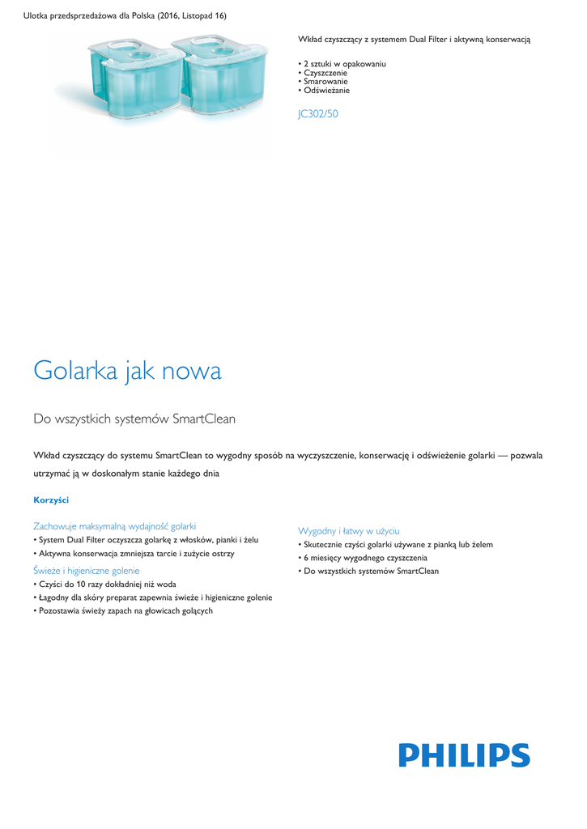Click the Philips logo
464,755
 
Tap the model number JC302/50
318,114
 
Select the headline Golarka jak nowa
127,372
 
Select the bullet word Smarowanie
326,82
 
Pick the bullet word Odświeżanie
327,91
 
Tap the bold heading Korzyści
51,500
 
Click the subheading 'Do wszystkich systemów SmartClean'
134,419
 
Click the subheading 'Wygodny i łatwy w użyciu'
349,531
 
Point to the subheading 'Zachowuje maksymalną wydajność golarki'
114,526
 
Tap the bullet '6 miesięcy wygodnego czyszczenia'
365,558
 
